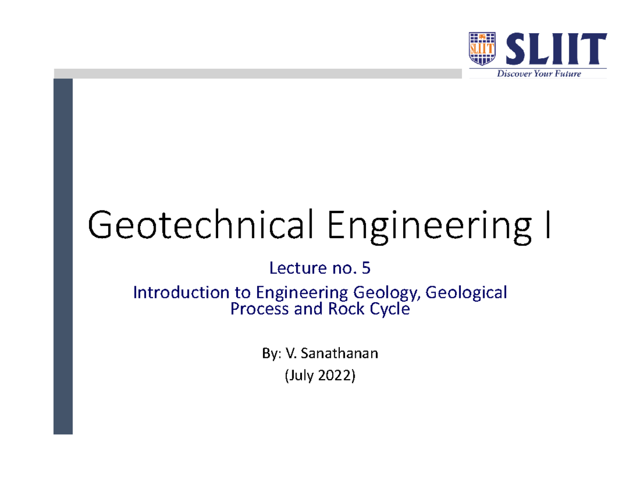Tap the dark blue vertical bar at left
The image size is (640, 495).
63,256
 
